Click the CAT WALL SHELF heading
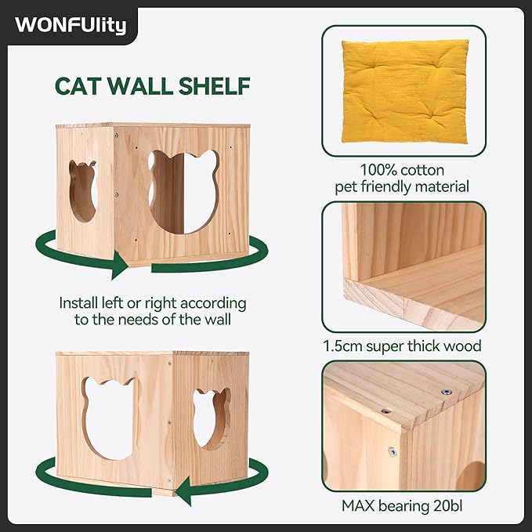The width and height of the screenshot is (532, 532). pos(153,85)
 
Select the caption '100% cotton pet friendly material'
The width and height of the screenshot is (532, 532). pos(403,178)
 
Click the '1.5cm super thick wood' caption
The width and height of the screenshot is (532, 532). pos(403,346)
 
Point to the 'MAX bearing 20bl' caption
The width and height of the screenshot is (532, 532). pos(403,505)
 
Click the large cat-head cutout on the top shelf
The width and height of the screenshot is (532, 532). pos(183,191)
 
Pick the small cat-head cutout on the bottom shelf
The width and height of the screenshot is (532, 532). pos(212,418)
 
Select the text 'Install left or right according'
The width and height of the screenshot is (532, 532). pos(153,302)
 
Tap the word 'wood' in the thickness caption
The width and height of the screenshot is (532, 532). pos(463,346)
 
